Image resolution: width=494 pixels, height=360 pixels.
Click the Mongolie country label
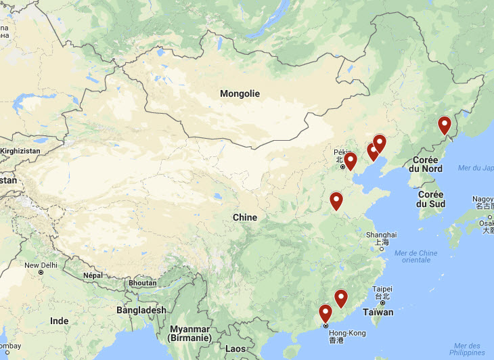[x=240, y=94]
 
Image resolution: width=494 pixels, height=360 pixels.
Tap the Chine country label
[x=244, y=217]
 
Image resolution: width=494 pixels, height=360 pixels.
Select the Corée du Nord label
[x=427, y=163]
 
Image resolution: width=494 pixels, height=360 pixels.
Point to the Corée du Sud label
[x=430, y=198]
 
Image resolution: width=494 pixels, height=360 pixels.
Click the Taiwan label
[x=378, y=313]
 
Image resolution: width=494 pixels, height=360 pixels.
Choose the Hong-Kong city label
[x=346, y=333]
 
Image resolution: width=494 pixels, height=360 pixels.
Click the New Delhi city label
[x=41, y=265]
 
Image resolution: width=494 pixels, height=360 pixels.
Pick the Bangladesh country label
[x=141, y=310]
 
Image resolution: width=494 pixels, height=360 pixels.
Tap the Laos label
[x=235, y=348]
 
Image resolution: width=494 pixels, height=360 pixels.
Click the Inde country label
[x=59, y=320]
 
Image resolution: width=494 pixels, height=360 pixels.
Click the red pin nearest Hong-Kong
[x=325, y=313]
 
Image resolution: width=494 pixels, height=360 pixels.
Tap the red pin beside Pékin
[x=351, y=160]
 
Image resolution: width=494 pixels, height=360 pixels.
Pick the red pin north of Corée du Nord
[x=444, y=125]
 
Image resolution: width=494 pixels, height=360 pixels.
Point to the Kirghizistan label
[x=20, y=150]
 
